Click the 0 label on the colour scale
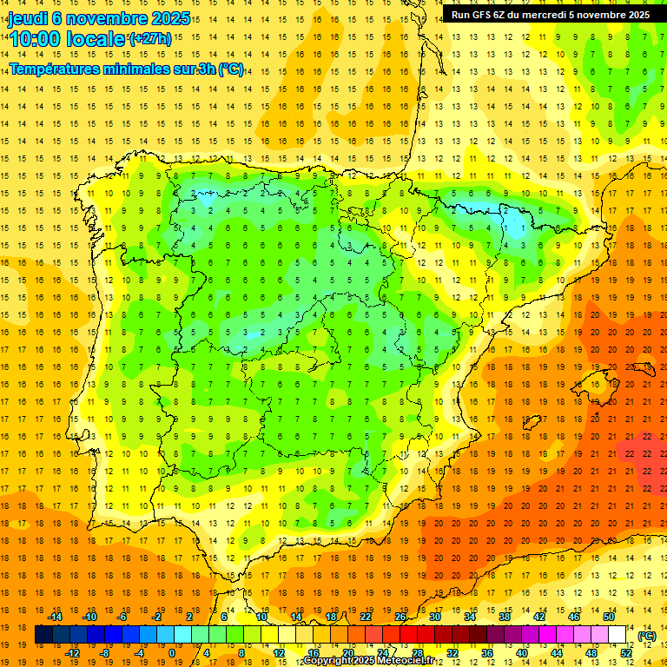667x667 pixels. coord(171,653)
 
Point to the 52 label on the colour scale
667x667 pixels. coord(626,653)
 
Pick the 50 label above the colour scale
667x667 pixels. coord(609,617)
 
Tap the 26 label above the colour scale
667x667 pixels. coord(400,617)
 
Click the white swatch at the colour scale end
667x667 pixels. coord(617,635)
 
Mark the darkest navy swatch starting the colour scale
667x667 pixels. coord(43,635)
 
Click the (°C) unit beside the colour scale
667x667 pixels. coord(646,635)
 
